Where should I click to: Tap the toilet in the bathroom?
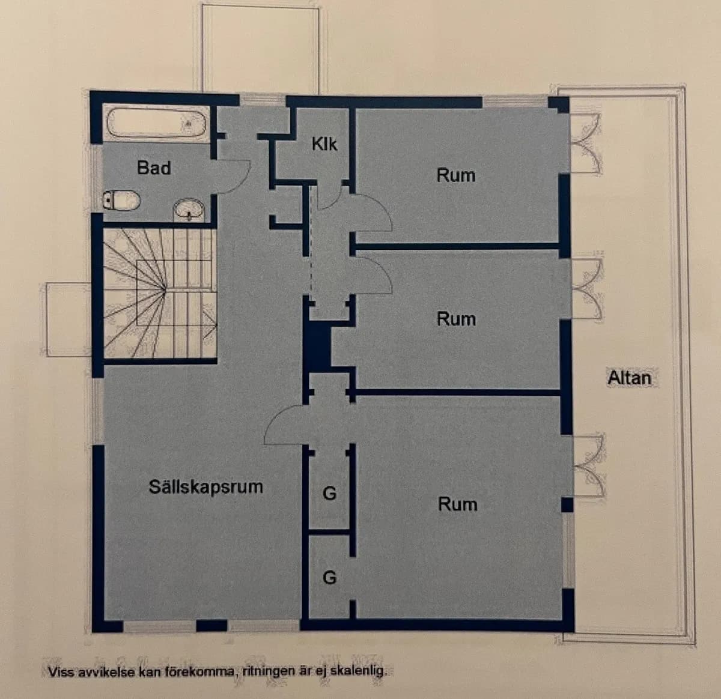[x=121, y=200]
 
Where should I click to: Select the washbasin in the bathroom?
[x=190, y=210]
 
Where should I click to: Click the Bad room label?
[x=154, y=168]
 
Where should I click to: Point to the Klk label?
[x=324, y=144]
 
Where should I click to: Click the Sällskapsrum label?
[x=205, y=486]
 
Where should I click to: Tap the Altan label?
[x=629, y=378]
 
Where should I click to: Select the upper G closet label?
[x=329, y=494]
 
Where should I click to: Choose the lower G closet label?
[x=329, y=578]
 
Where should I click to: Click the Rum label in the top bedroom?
[x=455, y=175]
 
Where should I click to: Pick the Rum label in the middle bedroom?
[x=456, y=319]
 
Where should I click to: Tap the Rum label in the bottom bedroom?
[x=457, y=504]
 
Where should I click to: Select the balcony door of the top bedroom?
[x=585, y=143]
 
